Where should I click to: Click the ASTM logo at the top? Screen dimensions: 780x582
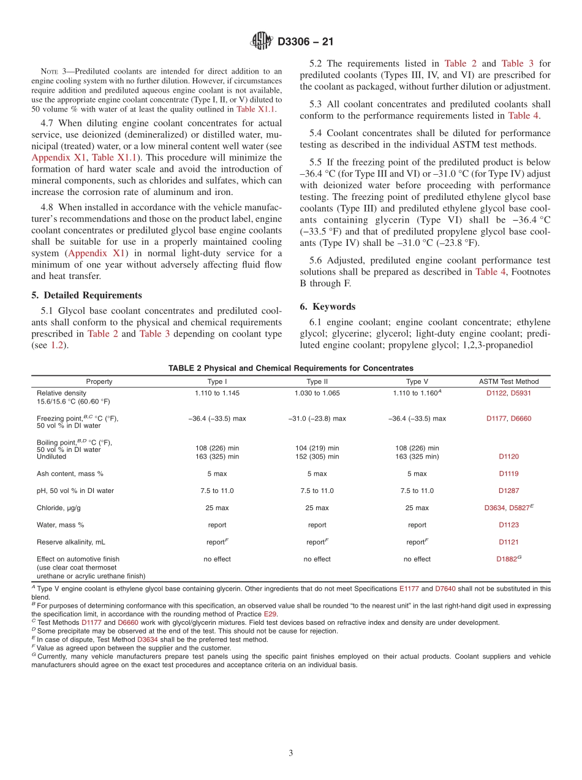pos(262,42)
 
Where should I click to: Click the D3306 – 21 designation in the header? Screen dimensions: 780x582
pos(305,42)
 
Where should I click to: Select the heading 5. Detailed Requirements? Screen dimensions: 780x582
pos(86,295)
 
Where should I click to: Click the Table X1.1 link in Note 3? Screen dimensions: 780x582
pos(255,109)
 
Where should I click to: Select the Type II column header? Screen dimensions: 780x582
pos(317,381)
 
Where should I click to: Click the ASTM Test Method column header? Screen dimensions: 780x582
pos(508,381)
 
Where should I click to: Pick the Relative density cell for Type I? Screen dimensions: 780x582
pos(217,393)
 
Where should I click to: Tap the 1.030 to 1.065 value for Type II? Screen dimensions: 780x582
pos(317,393)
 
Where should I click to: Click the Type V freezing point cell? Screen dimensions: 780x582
pos(417,418)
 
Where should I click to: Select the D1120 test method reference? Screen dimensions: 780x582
pos(508,457)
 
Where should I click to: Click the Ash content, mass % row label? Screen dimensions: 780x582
pos(70,473)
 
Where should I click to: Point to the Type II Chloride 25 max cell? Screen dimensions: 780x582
pos(317,508)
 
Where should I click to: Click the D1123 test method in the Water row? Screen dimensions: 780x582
pos(508,525)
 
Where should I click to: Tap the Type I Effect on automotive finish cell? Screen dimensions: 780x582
pos(217,559)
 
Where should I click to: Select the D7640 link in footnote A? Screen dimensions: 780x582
pos(445,589)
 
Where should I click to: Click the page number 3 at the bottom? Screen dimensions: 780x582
pos(291,753)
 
